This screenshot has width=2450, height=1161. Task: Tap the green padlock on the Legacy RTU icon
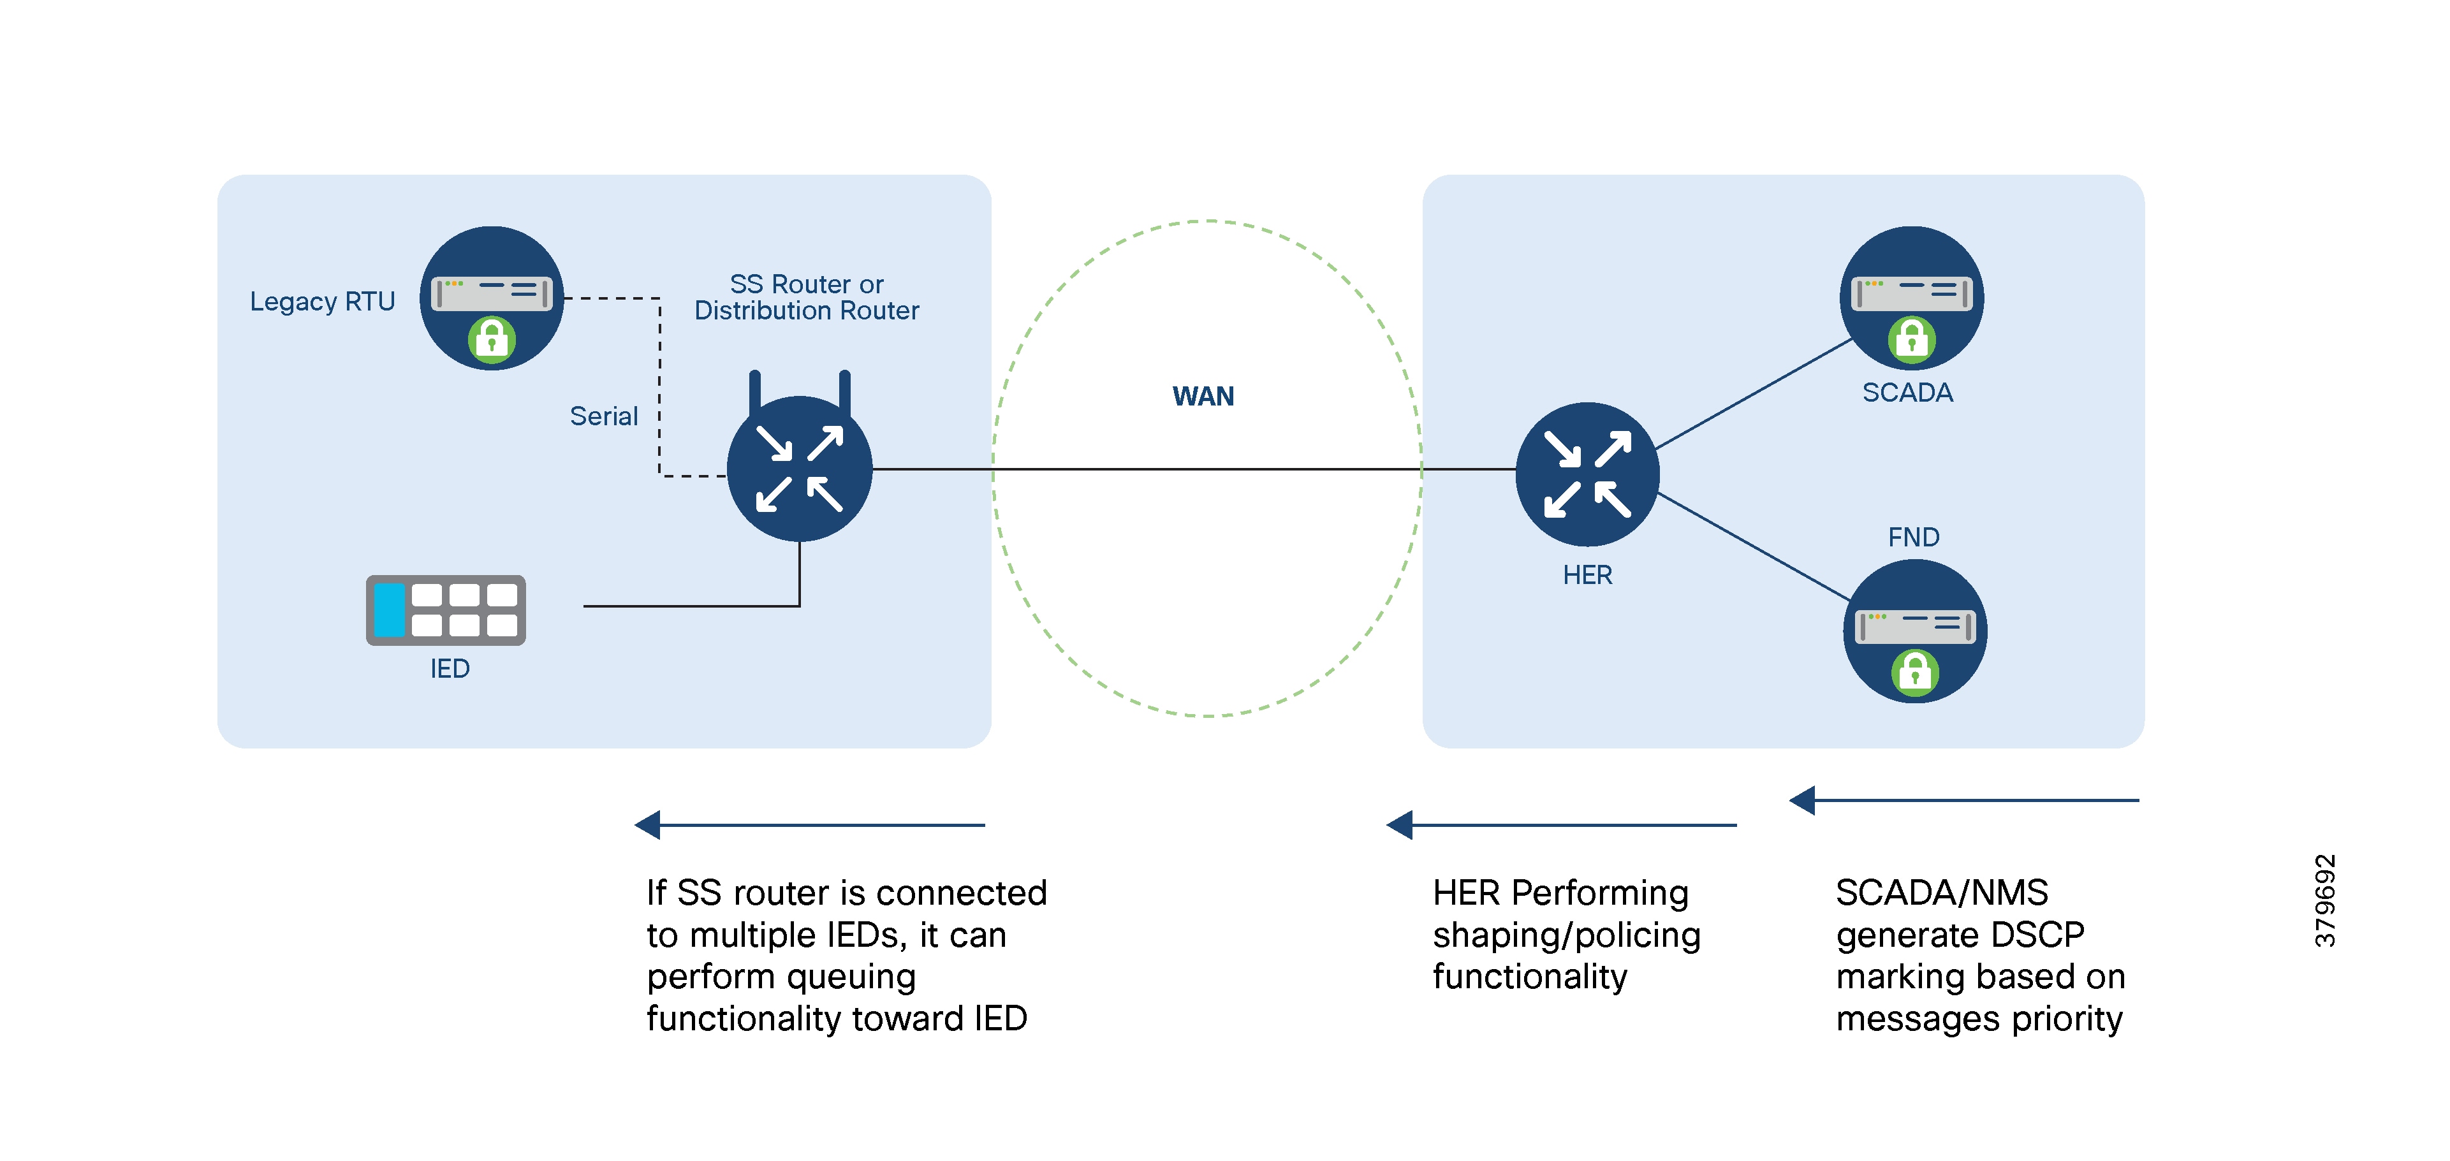point(491,339)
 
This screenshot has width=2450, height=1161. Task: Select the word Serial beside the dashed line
point(603,416)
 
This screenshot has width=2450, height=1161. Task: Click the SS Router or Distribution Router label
point(807,298)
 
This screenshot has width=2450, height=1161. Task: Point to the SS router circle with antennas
point(799,469)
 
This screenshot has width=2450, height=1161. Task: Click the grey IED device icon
point(445,610)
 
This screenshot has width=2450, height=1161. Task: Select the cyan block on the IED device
point(389,610)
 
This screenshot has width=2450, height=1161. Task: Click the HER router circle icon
point(1587,474)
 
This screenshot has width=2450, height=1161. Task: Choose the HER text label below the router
point(1587,575)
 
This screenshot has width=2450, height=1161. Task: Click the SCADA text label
point(1907,393)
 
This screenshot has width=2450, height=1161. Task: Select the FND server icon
point(1914,631)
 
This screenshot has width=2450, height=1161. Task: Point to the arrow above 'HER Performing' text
point(1560,824)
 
